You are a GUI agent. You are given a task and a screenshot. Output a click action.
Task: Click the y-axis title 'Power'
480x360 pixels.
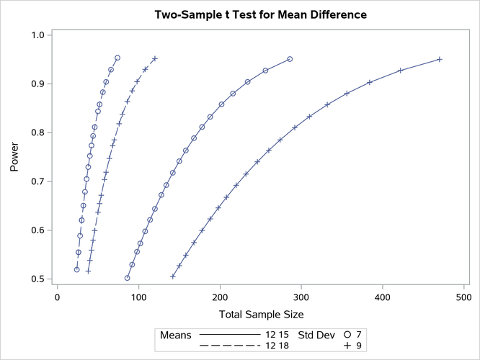tap(15, 156)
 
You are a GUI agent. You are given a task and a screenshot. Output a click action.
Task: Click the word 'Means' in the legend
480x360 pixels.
tap(175, 335)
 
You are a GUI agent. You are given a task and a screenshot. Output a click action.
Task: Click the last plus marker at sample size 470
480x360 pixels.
tap(440, 59)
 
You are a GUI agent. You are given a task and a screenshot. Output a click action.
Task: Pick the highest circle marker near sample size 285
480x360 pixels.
tap(289, 59)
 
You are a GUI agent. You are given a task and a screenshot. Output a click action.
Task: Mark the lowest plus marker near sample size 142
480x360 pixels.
tap(173, 276)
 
